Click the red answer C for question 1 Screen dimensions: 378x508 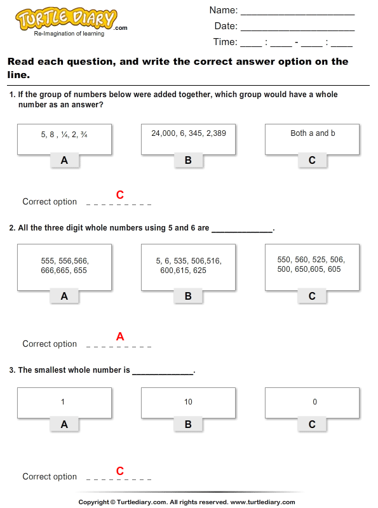(119, 195)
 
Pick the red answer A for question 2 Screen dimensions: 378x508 (119, 337)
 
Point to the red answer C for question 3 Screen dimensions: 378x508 (119, 471)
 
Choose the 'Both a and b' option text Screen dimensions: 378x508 (313, 133)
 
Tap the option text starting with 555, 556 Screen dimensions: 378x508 (64, 265)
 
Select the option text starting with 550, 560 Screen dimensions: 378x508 (311, 264)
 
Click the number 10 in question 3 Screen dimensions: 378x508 (188, 402)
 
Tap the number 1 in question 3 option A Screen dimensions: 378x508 (63, 402)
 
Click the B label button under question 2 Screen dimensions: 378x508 (188, 296)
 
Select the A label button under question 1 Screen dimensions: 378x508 (64, 161)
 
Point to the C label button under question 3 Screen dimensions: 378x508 (312, 424)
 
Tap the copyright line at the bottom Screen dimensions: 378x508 (189, 502)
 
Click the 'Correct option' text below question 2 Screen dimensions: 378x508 (50, 344)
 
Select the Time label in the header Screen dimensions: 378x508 (225, 43)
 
